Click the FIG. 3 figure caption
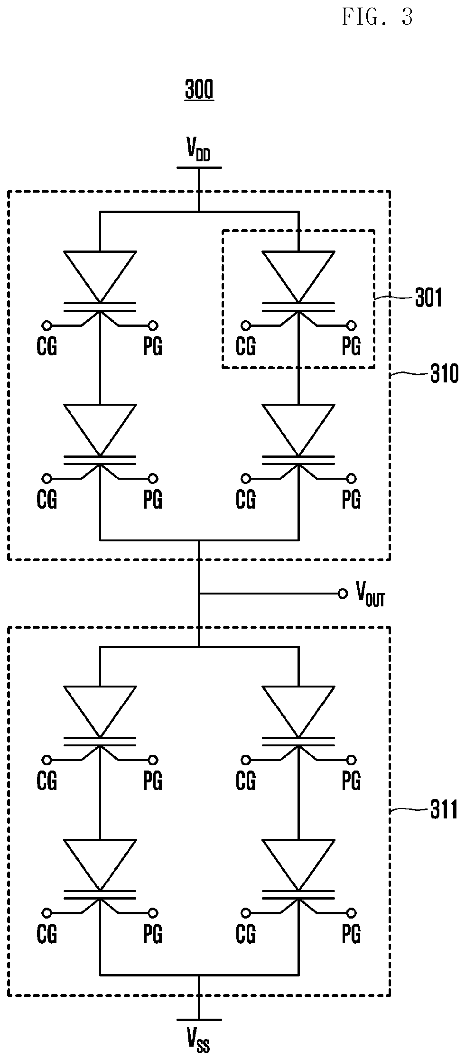(377, 18)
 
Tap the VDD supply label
(198, 150)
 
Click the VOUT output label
(370, 594)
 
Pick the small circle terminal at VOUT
(342, 594)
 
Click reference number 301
(428, 298)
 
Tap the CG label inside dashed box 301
(246, 346)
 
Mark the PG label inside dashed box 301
(351, 346)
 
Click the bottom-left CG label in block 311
(46, 934)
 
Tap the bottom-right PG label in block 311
(351, 934)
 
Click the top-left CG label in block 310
(46, 346)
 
